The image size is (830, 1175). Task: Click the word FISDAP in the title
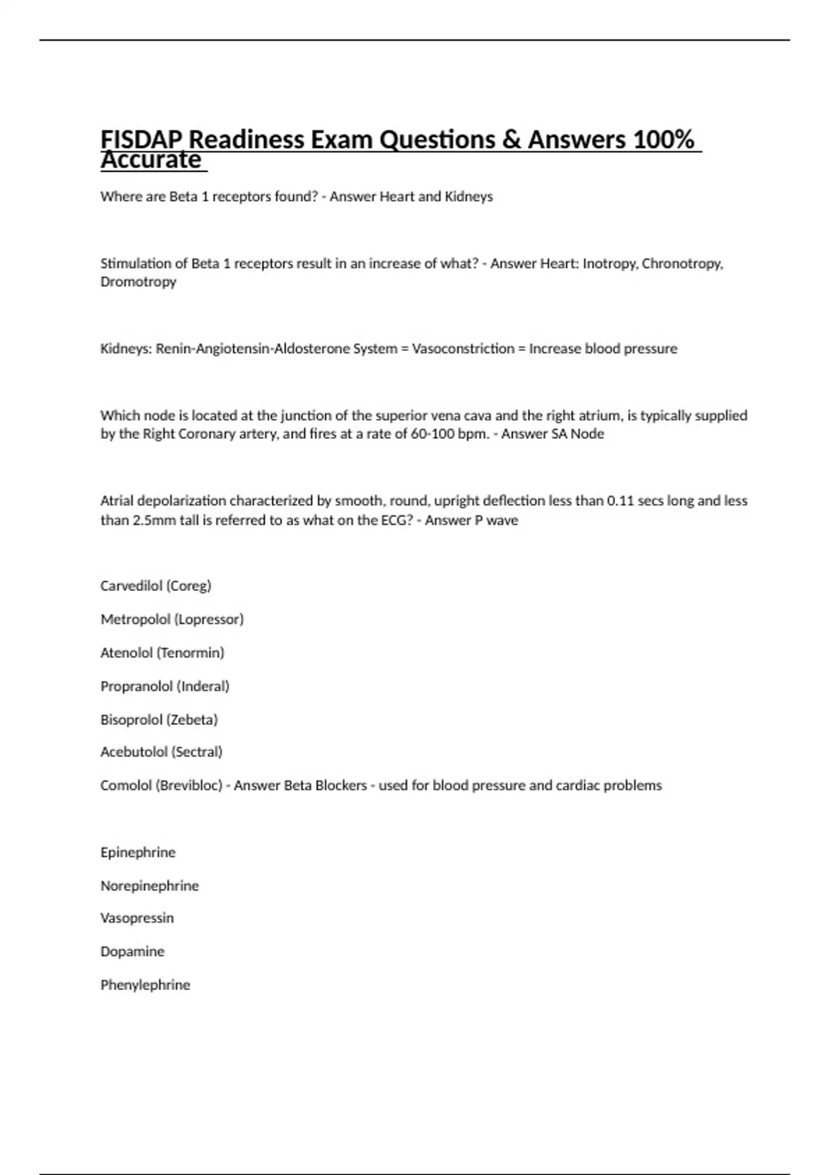tap(142, 140)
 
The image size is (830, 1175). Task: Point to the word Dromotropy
tap(138, 282)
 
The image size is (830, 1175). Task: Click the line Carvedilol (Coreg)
tap(156, 586)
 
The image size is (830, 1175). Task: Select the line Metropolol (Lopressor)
tap(172, 619)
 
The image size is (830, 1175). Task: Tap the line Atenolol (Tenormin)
tap(163, 653)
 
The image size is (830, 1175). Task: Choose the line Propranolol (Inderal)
tap(165, 686)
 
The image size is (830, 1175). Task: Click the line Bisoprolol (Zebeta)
tap(159, 720)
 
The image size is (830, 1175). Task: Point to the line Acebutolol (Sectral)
tap(161, 752)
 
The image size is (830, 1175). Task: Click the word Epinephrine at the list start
tap(138, 853)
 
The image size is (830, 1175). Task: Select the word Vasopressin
tap(137, 919)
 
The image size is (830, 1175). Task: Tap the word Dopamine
tap(132, 952)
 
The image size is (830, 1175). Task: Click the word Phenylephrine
tap(145, 986)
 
